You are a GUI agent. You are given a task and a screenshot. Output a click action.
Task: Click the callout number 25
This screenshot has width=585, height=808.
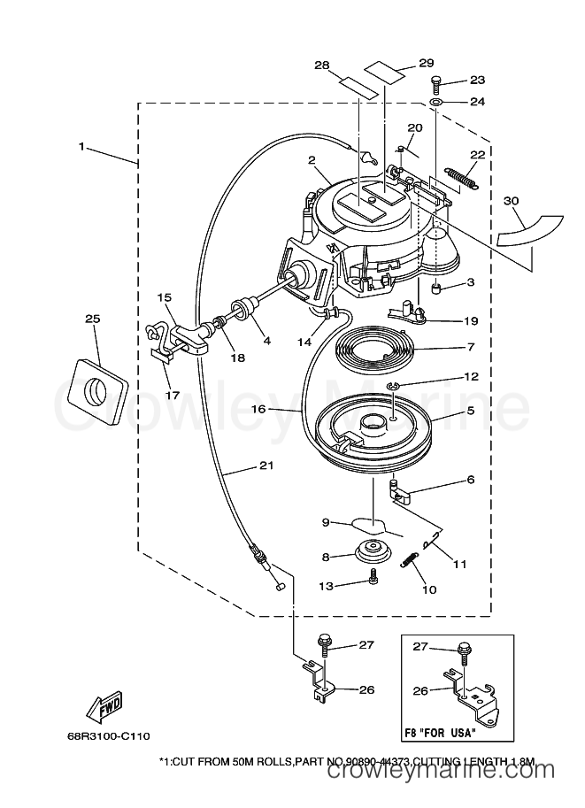click(x=93, y=319)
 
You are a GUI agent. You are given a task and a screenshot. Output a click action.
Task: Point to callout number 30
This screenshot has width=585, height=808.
click(x=511, y=201)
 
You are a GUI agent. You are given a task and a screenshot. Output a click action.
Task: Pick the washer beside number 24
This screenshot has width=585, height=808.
click(x=436, y=103)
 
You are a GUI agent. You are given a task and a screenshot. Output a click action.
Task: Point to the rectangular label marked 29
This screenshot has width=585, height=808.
click(x=383, y=72)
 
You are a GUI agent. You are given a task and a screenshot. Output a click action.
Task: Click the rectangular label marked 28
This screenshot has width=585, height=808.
click(x=356, y=84)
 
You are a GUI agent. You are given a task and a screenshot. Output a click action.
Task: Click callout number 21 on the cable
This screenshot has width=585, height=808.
click(x=266, y=466)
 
